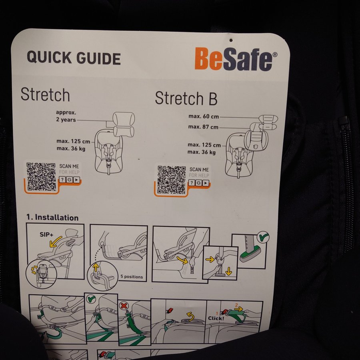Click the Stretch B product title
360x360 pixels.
[x=186, y=98]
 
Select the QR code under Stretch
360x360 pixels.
[x=41, y=176]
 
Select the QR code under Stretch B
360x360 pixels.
[x=172, y=180]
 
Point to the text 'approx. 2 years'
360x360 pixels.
[x=66, y=116]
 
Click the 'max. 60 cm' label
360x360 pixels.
[x=204, y=116]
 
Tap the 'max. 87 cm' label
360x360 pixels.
[x=203, y=127]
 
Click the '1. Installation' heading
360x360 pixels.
[x=52, y=218]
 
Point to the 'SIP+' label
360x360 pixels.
[x=46, y=234]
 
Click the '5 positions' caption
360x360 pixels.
[x=132, y=277]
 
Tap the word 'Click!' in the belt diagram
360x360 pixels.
[x=216, y=318]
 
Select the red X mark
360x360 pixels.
[x=124, y=306]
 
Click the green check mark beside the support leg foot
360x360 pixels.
[x=263, y=237]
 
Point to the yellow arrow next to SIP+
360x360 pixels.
[x=55, y=242]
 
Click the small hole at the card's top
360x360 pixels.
[x=231, y=40]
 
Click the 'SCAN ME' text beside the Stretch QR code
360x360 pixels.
[x=69, y=166]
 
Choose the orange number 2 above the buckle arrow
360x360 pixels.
[x=236, y=305]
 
